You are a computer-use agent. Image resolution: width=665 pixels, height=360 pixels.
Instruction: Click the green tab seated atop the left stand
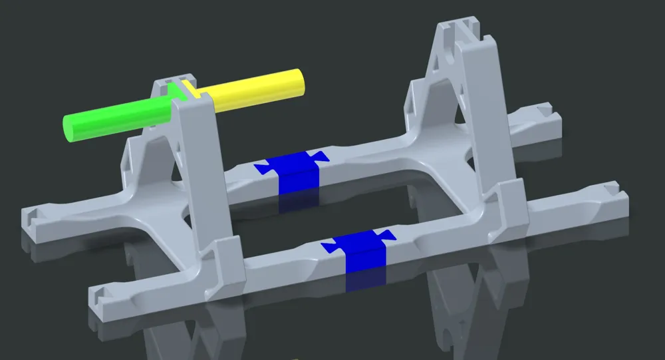(177, 91)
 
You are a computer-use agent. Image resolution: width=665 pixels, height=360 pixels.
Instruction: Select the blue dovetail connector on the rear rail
(293, 172)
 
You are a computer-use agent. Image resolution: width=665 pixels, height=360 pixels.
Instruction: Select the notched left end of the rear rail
(33, 215)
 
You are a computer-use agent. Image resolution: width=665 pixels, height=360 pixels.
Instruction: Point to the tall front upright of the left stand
(199, 173)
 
